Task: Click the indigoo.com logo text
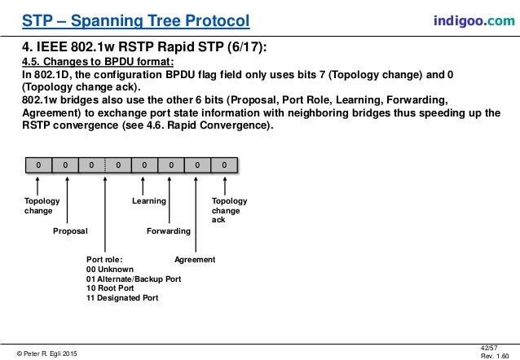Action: [473, 20]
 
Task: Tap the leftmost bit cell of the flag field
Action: [37, 166]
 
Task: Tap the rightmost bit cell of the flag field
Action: [224, 166]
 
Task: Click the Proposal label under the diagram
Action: [70, 231]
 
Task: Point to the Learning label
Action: [149, 200]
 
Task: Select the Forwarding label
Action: [168, 231]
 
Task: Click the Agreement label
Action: [195, 260]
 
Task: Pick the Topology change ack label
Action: [229, 210]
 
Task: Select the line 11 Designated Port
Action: [122, 298]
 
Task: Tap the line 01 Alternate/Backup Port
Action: [134, 279]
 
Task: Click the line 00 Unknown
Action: [110, 270]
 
